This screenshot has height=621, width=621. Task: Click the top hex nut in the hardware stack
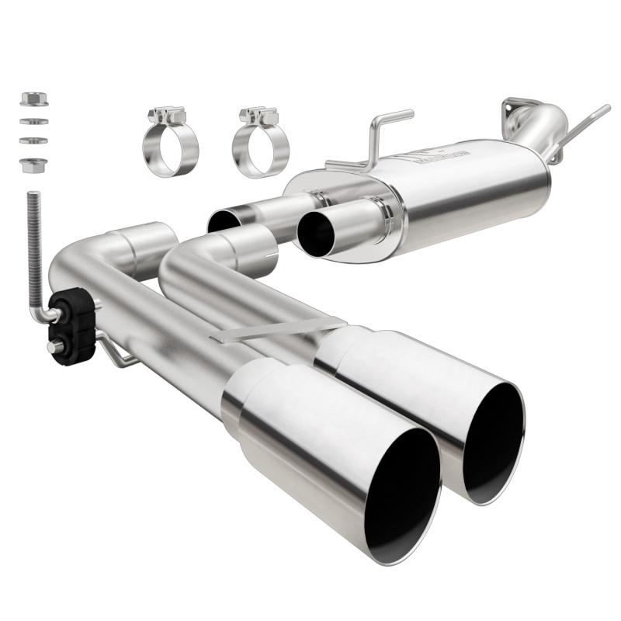coord(33,99)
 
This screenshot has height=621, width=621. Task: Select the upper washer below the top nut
coord(33,121)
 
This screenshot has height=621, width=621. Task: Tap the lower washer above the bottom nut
coord(33,140)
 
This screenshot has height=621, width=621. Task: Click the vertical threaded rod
coord(33,241)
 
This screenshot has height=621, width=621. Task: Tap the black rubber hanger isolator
coord(71,326)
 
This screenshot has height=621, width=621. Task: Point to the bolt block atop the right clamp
coord(259,116)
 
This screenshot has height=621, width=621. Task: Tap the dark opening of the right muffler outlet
coord(315,232)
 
